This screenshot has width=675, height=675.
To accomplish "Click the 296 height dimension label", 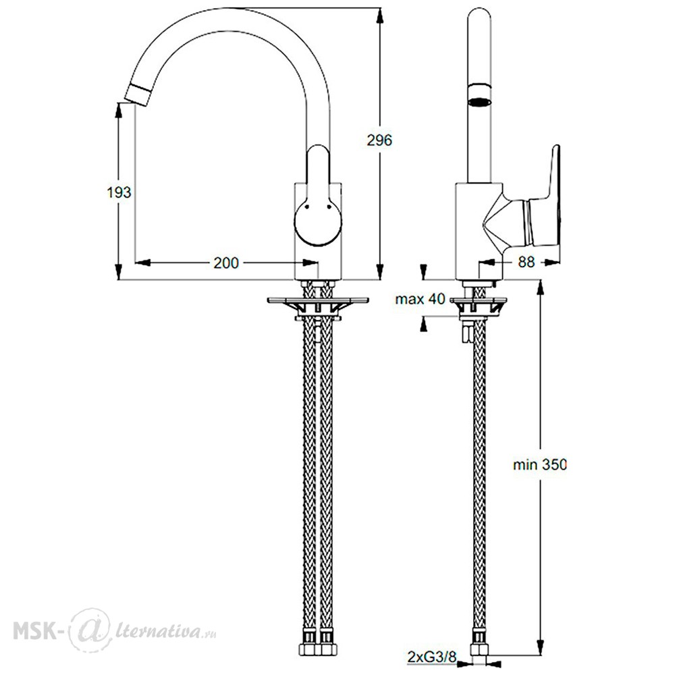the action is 379,140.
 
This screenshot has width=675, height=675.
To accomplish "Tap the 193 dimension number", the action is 119,192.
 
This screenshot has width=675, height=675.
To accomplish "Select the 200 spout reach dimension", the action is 226,263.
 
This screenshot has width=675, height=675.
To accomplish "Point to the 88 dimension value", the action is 526,262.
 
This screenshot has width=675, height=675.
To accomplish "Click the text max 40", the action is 420,299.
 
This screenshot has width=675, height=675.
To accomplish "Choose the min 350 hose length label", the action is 540,464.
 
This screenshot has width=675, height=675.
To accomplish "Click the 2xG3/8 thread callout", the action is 431,657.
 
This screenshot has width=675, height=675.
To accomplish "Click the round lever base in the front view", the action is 318,222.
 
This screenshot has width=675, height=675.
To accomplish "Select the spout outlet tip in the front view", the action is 137,94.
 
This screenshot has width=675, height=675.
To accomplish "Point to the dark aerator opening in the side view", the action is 479,103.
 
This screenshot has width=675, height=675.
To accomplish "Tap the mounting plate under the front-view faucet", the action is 318,300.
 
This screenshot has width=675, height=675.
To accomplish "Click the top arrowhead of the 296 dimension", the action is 379,15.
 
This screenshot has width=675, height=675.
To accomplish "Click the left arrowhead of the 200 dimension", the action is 143,262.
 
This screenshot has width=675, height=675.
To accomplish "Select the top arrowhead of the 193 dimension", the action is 118,109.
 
